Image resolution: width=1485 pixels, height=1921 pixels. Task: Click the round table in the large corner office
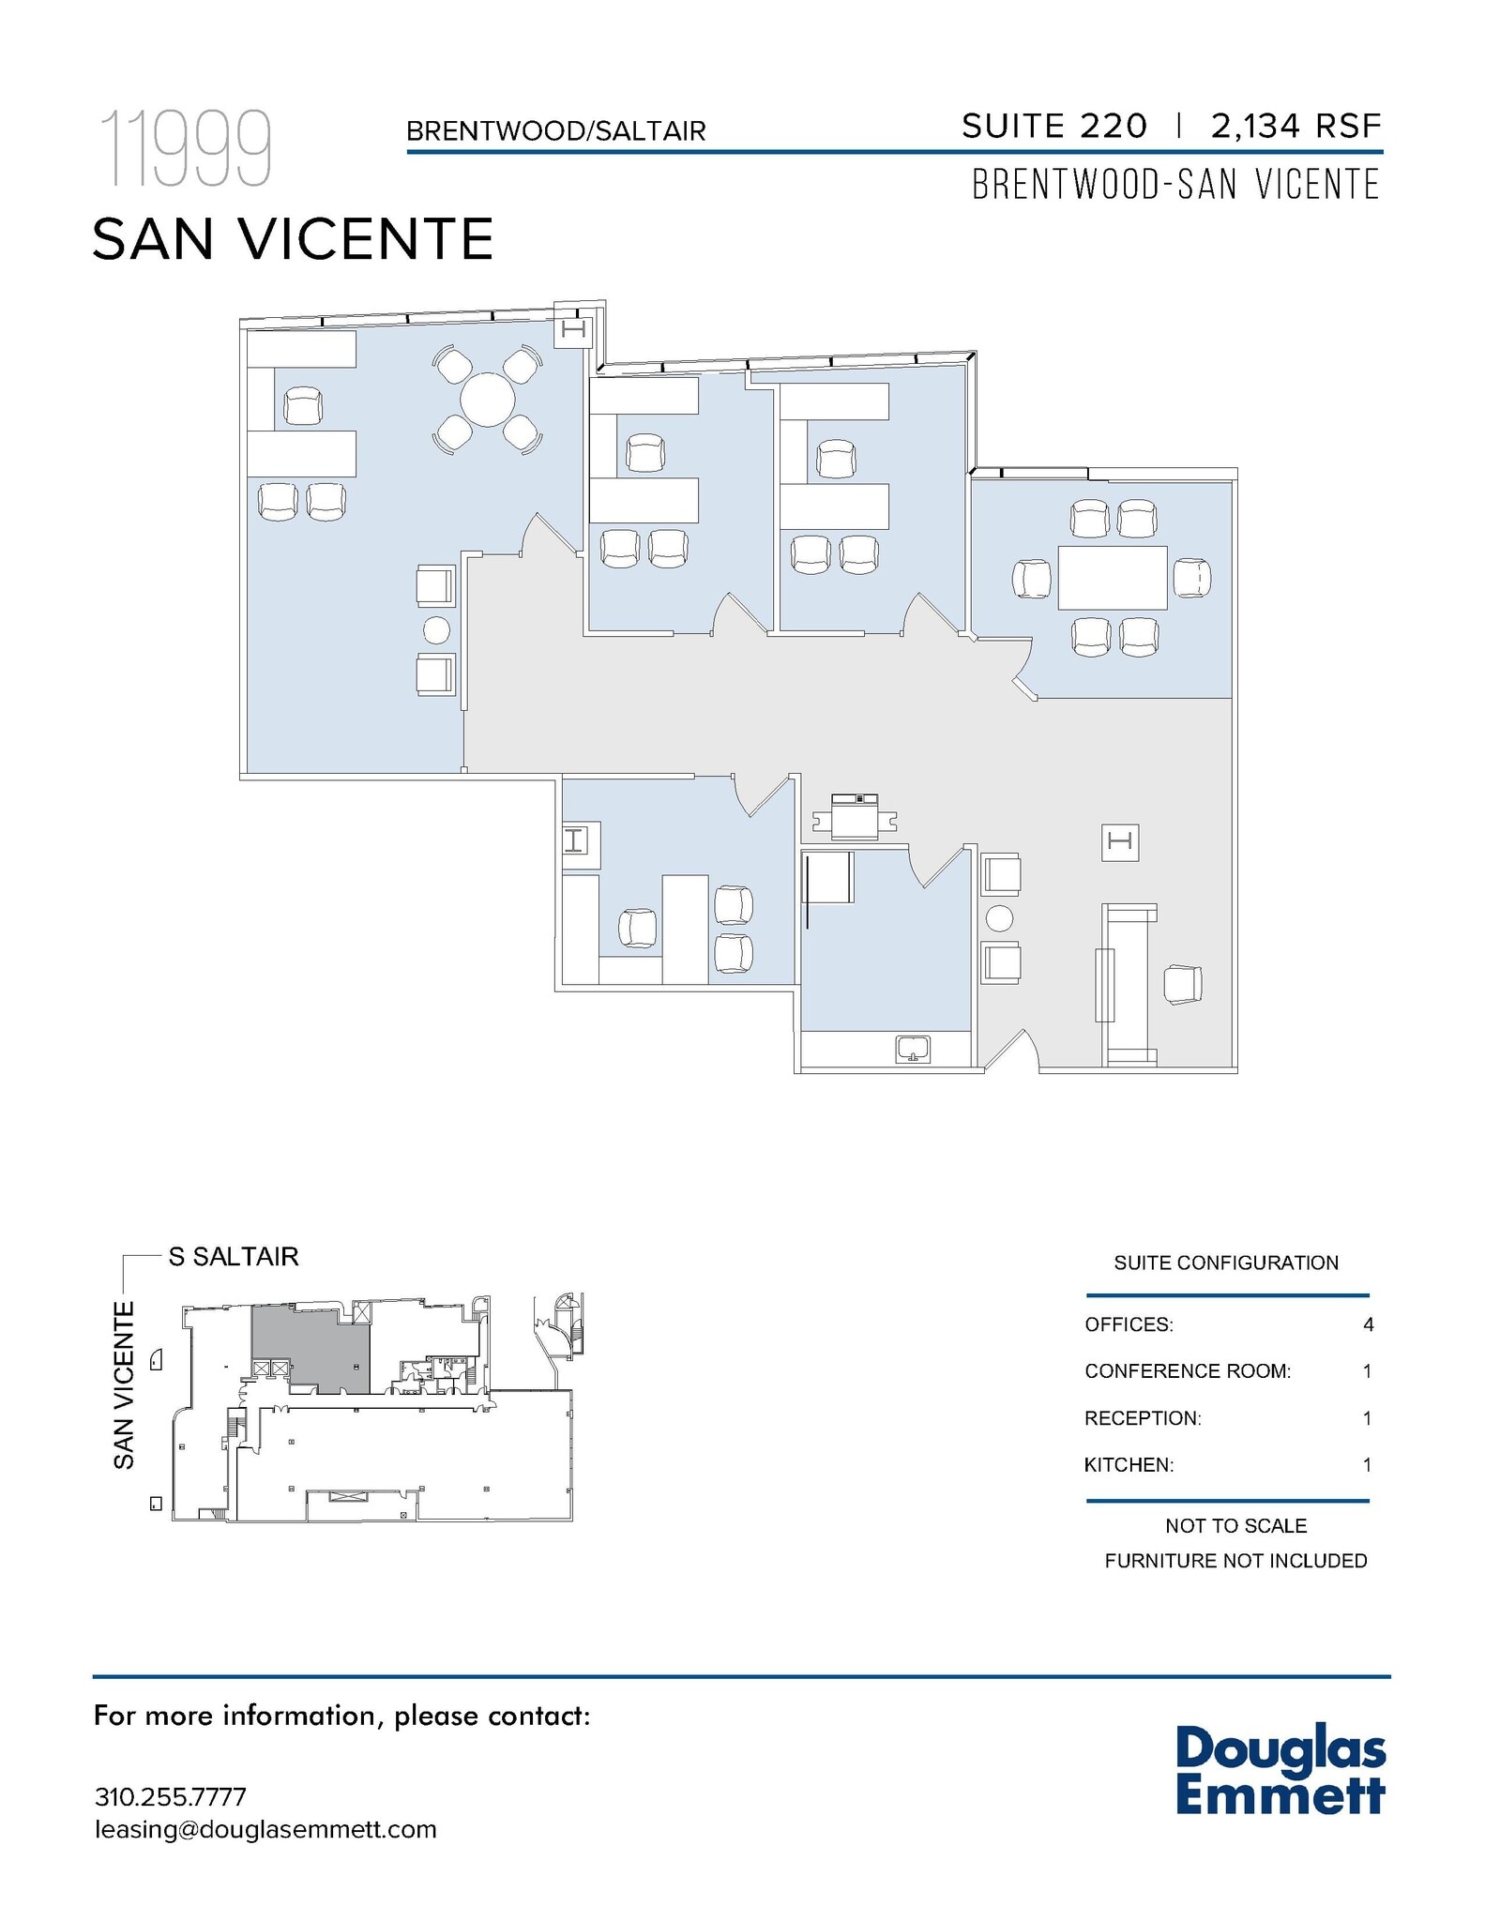[x=487, y=400]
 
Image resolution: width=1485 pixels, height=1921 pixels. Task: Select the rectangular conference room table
[x=1113, y=578]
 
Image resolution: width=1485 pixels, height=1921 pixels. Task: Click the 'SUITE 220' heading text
[x=1053, y=126]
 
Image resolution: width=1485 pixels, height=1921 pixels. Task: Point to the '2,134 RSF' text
[x=1296, y=126]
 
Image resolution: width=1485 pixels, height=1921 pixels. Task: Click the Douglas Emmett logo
[x=1280, y=1772]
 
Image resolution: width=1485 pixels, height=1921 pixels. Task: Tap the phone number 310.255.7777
[x=170, y=1796]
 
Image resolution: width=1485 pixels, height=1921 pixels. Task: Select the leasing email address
[x=265, y=1829]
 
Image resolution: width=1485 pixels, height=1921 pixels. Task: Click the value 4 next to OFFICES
[x=1368, y=1324]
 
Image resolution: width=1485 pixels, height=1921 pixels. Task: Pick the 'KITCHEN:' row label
[x=1129, y=1464]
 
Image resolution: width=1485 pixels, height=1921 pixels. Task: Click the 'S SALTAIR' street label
[x=233, y=1256]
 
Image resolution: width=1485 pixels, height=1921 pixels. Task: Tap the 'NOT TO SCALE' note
[x=1235, y=1526]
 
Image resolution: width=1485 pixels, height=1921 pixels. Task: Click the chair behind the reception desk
[x=1182, y=985]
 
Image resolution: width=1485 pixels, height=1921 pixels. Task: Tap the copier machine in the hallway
[x=855, y=815]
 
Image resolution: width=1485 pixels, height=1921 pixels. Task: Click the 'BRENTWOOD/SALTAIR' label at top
[x=555, y=131]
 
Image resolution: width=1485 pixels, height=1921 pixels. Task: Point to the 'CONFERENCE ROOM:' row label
[x=1187, y=1371]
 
